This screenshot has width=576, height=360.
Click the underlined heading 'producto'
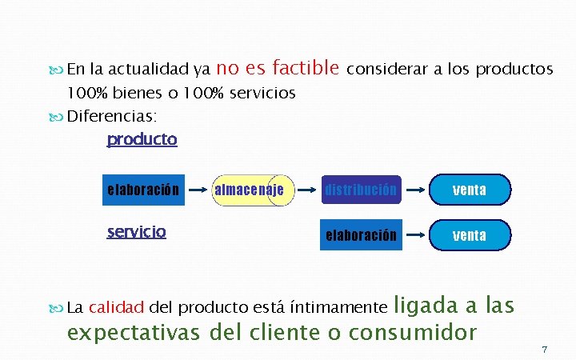tap(142, 140)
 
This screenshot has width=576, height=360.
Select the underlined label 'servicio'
tap(137, 232)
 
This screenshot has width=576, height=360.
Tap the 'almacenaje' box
tap(250, 190)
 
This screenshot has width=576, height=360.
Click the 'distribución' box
tap(360, 190)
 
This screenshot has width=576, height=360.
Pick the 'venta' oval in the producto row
tap(469, 190)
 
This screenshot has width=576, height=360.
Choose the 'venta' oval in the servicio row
tap(469, 236)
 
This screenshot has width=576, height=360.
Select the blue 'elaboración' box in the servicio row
tap(360, 236)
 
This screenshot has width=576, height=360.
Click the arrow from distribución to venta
tap(414, 191)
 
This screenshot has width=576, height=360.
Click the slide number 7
tap(544, 350)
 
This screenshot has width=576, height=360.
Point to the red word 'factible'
tap(307, 68)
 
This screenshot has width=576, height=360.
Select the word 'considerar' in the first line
tap(387, 70)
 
